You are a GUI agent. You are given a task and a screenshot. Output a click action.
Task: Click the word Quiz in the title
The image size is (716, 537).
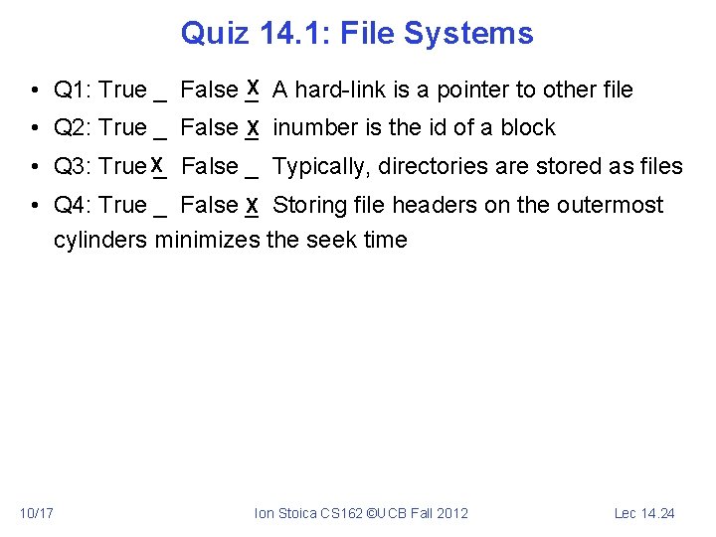(x=215, y=34)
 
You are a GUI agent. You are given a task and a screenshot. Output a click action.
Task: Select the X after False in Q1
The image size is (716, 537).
(x=254, y=88)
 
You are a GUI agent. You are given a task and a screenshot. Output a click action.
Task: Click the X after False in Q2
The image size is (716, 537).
(x=254, y=128)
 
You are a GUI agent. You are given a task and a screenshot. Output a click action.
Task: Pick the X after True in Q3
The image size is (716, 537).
(x=157, y=164)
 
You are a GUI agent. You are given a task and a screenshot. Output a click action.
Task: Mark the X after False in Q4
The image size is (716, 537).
(x=254, y=206)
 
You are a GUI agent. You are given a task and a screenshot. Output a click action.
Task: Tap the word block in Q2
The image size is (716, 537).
(x=528, y=128)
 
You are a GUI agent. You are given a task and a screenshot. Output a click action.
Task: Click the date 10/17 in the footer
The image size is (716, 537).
(x=36, y=513)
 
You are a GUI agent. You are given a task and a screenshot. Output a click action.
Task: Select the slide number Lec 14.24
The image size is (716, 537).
(x=644, y=513)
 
